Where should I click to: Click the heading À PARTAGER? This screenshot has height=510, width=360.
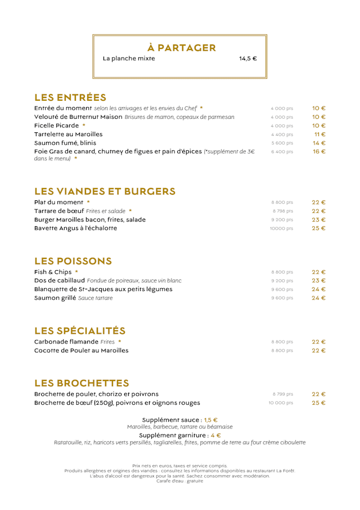(181, 48)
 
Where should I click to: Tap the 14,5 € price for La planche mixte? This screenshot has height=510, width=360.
(247, 59)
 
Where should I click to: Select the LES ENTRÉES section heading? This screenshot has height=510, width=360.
(70, 97)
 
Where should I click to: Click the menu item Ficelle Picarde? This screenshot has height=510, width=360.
(57, 126)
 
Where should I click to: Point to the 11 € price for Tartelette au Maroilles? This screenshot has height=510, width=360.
(320, 135)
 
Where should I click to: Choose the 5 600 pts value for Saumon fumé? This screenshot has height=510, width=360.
(282, 143)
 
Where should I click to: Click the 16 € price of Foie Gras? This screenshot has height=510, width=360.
(319, 152)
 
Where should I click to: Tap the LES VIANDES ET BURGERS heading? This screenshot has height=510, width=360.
(105, 191)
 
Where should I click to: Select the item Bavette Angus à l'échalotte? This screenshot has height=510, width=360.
(76, 228)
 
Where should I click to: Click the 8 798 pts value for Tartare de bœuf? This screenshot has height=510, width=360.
(282, 211)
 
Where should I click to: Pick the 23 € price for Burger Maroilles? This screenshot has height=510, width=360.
(319, 220)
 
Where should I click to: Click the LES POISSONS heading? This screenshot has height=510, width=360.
(73, 261)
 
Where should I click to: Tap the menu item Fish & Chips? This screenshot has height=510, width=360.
(53, 272)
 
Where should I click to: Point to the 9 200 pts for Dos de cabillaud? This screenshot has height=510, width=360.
(282, 280)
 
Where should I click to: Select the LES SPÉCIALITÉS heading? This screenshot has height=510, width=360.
(80, 330)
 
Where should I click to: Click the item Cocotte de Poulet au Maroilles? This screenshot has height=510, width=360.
(82, 350)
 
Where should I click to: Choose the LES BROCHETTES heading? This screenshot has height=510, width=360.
(82, 383)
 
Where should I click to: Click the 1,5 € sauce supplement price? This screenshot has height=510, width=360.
(210, 420)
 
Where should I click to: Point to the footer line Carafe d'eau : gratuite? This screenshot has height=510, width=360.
(179, 481)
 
